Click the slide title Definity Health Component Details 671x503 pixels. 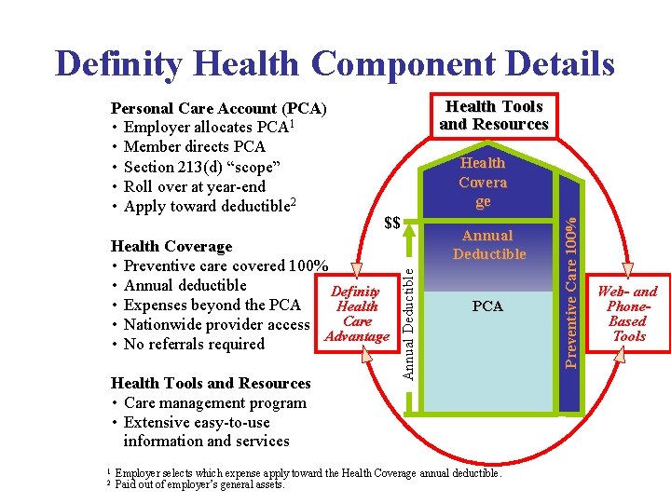(335, 63)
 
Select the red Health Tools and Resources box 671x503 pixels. (494, 116)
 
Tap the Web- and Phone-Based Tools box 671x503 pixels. (627, 314)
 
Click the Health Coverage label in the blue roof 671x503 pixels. (483, 183)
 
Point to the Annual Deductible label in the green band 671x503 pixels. (488, 245)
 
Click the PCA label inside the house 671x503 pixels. (487, 306)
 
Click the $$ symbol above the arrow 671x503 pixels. (392, 223)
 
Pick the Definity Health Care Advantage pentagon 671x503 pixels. (355, 314)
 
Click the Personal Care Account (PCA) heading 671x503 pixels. (218, 108)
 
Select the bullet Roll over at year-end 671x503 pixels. (194, 186)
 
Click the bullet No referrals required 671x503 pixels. (194, 344)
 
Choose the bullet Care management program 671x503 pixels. (214, 402)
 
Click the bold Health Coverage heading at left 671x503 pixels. (171, 246)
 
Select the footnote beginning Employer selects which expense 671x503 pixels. (308, 473)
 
